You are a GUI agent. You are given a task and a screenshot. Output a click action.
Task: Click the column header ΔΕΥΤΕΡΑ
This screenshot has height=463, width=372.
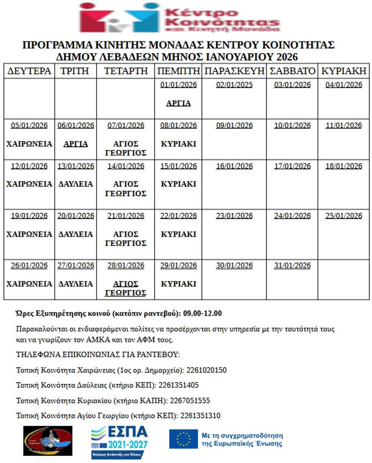pyautogui.click(x=29, y=71)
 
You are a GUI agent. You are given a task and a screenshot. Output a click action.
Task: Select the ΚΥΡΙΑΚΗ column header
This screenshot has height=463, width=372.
pyautogui.click(x=344, y=71)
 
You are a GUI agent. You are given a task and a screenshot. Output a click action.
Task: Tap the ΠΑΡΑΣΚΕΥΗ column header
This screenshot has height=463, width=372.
pyautogui.click(x=234, y=71)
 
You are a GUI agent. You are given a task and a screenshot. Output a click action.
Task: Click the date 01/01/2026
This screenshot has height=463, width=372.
pyautogui.click(x=179, y=85)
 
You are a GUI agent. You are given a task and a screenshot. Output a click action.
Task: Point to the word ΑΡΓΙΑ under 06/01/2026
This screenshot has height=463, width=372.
pyautogui.click(x=76, y=144)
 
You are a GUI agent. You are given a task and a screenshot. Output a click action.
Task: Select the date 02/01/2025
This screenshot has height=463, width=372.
pyautogui.click(x=234, y=85)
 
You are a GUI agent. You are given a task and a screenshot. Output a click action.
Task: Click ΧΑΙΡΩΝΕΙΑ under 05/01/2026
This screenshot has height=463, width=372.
pyautogui.click(x=29, y=144)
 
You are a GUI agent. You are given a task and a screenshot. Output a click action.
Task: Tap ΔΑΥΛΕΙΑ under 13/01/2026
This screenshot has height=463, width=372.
pyautogui.click(x=76, y=184)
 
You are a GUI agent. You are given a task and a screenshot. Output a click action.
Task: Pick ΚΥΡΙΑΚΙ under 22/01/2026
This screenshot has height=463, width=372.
pyautogui.click(x=179, y=234)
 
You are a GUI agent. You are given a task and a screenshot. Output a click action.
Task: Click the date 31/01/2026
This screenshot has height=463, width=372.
pyautogui.click(x=292, y=266)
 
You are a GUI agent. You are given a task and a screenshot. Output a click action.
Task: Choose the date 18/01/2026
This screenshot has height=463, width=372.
pyautogui.click(x=344, y=166)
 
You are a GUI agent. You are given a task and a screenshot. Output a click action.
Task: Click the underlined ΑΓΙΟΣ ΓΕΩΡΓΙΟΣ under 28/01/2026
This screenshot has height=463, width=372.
pyautogui.click(x=126, y=288)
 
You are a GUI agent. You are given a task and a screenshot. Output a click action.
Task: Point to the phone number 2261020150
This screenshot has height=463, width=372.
pyautogui.click(x=207, y=370)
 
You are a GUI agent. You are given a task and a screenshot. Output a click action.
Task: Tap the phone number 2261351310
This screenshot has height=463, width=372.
pyautogui.click(x=200, y=415)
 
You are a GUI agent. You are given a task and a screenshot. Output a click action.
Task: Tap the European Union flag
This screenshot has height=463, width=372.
pyautogui.click(x=183, y=439)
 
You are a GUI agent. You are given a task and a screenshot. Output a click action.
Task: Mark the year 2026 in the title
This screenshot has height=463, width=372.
pyautogui.click(x=285, y=57)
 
